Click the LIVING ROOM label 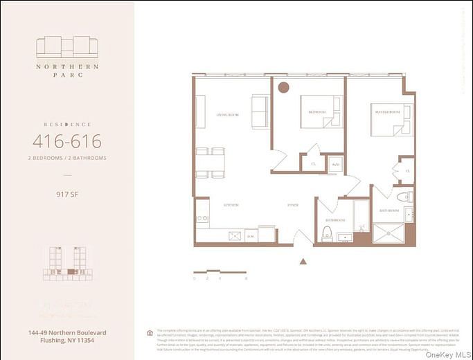(x=227, y=115)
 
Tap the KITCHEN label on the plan (x=231, y=206)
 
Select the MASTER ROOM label (x=387, y=112)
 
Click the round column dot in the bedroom (x=283, y=88)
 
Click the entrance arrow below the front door (x=303, y=261)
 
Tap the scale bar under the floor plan (x=220, y=271)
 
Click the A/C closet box (x=335, y=164)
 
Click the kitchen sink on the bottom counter (x=234, y=235)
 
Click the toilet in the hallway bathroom (x=327, y=233)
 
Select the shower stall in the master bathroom (x=389, y=233)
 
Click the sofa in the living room (x=260, y=111)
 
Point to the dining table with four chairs (x=210, y=163)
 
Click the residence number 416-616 (x=67, y=142)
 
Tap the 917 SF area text (x=67, y=195)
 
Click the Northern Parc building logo (x=67, y=47)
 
